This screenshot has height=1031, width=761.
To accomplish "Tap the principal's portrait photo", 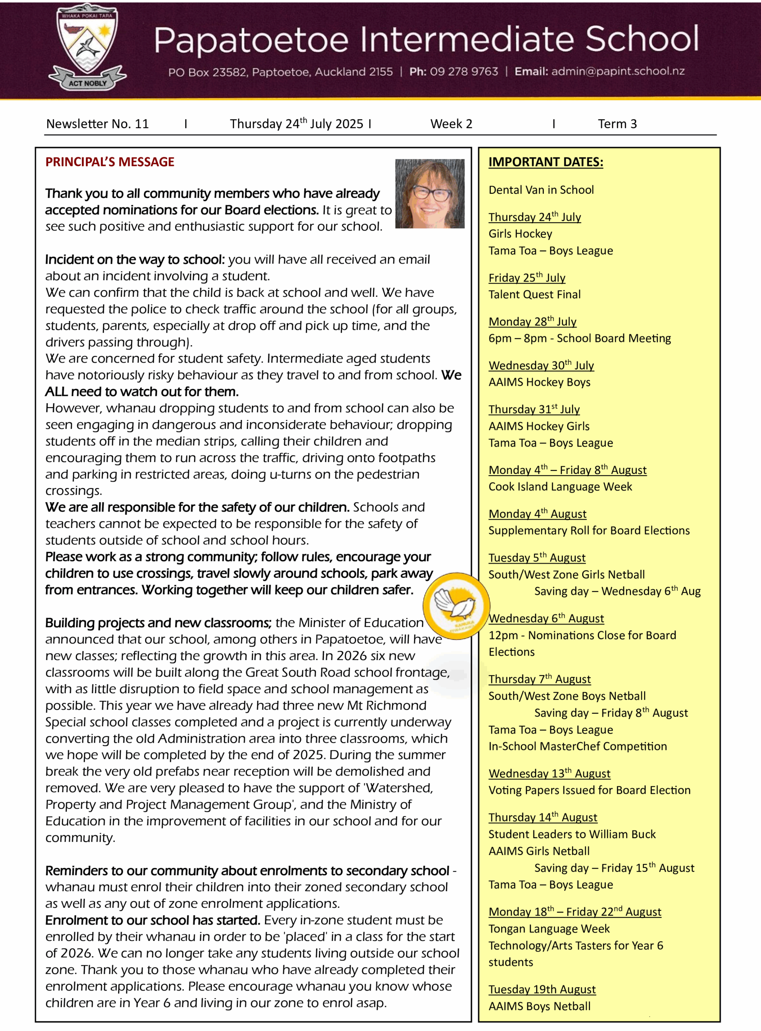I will tap(429, 193).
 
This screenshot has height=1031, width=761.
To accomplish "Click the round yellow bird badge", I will tap(456, 606).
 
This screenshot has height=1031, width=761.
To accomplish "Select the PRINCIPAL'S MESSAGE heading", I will tap(110, 162).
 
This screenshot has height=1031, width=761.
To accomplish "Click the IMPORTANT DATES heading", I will tap(545, 162).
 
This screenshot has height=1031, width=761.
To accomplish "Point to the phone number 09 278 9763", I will tap(464, 72).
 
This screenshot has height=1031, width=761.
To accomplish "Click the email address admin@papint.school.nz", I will tap(618, 71).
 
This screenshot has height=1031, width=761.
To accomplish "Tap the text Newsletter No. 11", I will tap(97, 124).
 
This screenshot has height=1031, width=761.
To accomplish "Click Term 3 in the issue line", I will tap(617, 124).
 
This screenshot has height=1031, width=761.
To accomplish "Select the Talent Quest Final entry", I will tap(534, 295).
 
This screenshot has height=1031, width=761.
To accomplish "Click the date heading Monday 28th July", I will tap(532, 321).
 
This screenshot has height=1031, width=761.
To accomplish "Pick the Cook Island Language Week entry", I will tap(560, 487).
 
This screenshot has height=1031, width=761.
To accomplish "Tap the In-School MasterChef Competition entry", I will tap(577, 746).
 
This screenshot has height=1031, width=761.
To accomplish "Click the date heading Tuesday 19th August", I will tap(542, 990).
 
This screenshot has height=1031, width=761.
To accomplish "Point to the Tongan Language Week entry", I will tap(549, 929).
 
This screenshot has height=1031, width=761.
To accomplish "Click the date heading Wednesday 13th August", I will tap(549, 774).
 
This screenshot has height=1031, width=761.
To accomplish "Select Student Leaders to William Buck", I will tap(572, 834).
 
